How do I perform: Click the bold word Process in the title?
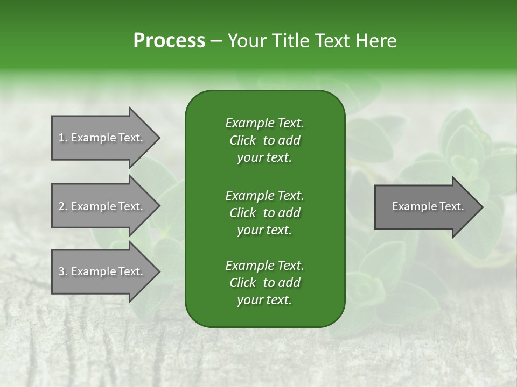[169, 40]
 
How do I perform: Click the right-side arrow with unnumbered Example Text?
[425, 207]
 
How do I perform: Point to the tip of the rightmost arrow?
[482, 207]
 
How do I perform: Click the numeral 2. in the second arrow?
[62, 206]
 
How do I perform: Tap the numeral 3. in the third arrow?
[62, 272]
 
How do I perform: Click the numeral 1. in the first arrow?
[62, 138]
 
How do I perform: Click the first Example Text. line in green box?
[264, 123]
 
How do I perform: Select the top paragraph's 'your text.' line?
[264, 158]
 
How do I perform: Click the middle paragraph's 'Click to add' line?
[264, 213]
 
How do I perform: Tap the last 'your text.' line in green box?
[264, 300]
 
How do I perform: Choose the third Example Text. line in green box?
[264, 266]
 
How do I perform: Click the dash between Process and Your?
[216, 41]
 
